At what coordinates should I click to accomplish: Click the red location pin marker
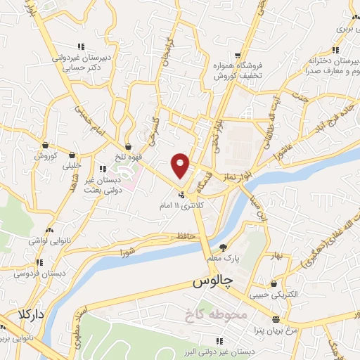(181, 165)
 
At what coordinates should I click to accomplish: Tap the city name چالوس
(212, 282)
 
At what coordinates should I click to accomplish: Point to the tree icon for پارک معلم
(224, 247)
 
